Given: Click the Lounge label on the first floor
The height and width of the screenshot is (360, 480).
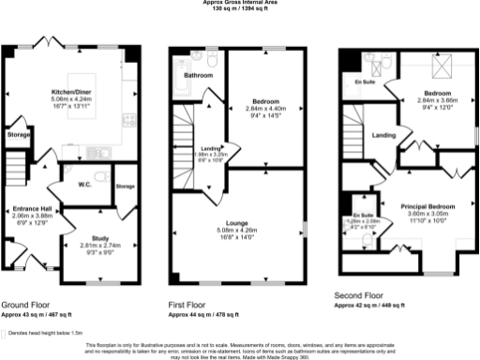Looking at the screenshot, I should pos(235,220).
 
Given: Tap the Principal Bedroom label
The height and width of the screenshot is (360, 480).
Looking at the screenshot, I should pos(428,204).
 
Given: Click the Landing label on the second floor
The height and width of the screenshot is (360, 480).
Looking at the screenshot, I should pos(383,136).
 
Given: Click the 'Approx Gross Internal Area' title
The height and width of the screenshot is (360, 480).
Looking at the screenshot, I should pos(240,3).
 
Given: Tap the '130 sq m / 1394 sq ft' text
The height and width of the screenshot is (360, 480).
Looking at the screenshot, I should pos(240,8).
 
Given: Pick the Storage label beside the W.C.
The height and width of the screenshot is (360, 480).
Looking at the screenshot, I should pos(126,187).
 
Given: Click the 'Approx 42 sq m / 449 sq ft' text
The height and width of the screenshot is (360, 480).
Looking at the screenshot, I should pos(371,305).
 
